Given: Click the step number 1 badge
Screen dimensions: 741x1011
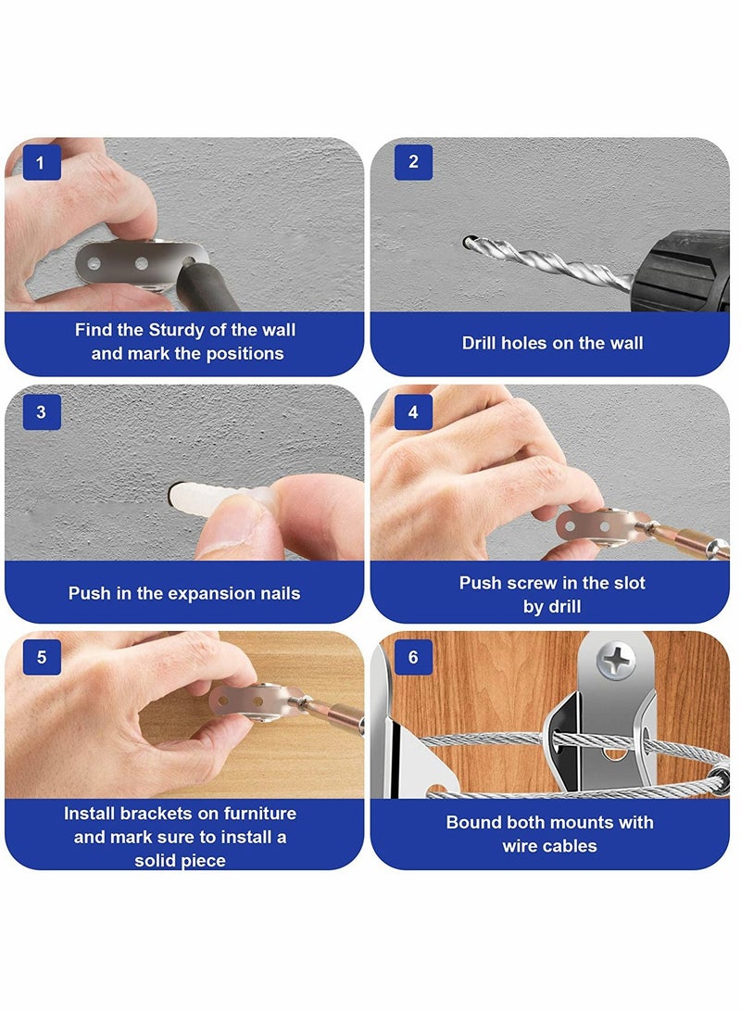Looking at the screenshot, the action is [42, 162].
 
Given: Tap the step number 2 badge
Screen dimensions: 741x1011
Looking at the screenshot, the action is [413, 162].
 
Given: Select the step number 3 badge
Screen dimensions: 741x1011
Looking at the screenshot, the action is [42, 412].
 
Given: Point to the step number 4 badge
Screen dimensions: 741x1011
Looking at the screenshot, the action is [413, 412].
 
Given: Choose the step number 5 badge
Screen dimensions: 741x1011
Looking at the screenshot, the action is [42, 657].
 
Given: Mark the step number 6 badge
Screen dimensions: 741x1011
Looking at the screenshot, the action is [413, 657].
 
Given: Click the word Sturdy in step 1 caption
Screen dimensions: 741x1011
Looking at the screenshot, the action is [177, 331].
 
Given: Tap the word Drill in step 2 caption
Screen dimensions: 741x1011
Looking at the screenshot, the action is [479, 343].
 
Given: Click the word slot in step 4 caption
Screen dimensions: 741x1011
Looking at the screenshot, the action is [625, 583].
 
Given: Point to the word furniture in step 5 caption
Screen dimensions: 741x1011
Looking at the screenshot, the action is [260, 814].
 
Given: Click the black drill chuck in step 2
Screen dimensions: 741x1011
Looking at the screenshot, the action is [682, 271].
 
